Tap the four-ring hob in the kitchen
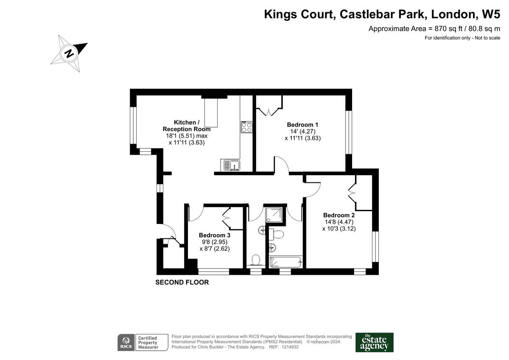(246, 127)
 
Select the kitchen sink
(230, 165)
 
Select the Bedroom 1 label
(302, 125)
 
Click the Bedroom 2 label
(338, 215)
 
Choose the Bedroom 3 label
(215, 235)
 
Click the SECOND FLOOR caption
(182, 282)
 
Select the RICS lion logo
(126, 342)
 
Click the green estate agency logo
(374, 342)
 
